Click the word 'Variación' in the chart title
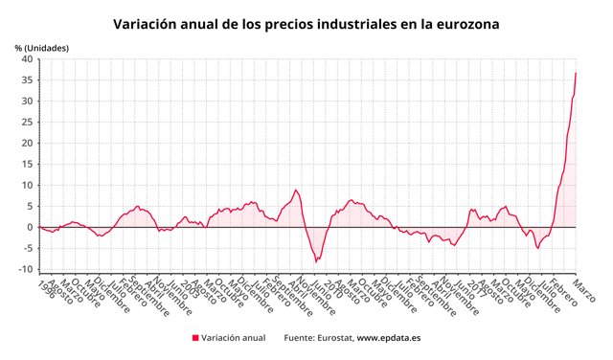coord(146,23)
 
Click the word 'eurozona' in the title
coord(465,23)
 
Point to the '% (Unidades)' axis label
coord(41,47)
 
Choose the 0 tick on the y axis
coord(31,227)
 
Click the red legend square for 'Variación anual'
coord(195,338)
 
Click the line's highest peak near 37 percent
coord(576,73)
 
